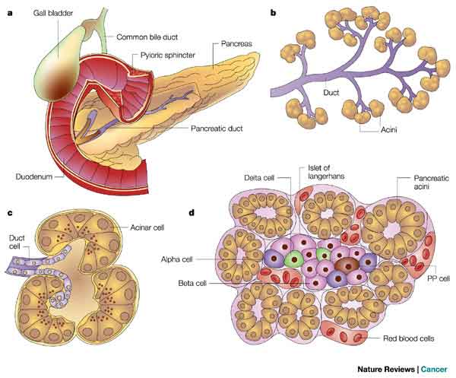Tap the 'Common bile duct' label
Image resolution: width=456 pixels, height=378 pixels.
pyautogui.click(x=149, y=37)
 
